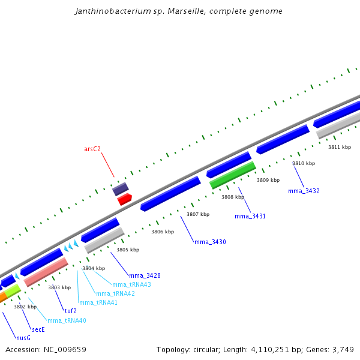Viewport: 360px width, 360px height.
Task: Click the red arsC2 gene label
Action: tap(92, 149)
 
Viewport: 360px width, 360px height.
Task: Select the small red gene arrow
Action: tap(125, 199)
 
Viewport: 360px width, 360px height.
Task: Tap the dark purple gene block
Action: tap(121, 190)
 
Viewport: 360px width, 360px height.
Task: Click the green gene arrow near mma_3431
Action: tap(233, 175)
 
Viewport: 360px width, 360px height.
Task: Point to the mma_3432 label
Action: tap(304, 191)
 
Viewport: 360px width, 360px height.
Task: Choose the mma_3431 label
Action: tap(250, 216)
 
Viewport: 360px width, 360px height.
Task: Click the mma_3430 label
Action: tap(210, 242)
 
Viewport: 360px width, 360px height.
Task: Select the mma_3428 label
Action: tap(145, 275)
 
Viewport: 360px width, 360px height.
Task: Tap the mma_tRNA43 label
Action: tap(131, 284)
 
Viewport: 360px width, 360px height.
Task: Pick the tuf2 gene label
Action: tap(71, 311)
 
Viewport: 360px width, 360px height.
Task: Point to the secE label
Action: tap(38, 329)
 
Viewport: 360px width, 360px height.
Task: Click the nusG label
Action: tap(23, 338)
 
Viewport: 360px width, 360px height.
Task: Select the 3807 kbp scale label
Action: tap(198, 214)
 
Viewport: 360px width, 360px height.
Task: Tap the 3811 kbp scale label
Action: tap(340, 147)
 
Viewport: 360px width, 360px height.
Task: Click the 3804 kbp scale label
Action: tap(94, 268)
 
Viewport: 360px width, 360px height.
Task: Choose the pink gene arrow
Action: tap(46, 272)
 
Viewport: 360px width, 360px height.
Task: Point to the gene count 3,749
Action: tap(341, 349)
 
